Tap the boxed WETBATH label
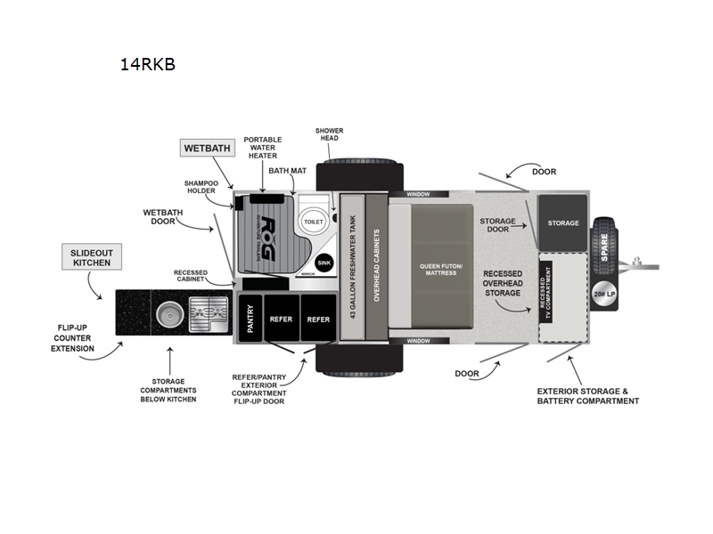pyautogui.click(x=206, y=148)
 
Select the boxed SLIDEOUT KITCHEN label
pyautogui.click(x=92, y=257)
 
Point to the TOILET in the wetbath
pyautogui.click(x=313, y=221)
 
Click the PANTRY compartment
pyautogui.click(x=250, y=320)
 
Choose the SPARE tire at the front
pyautogui.click(x=603, y=241)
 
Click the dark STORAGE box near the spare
pyautogui.click(x=562, y=223)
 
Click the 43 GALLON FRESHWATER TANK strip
pyautogui.click(x=352, y=267)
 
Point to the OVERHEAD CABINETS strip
pyautogui.click(x=376, y=267)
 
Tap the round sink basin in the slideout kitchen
pyautogui.click(x=168, y=316)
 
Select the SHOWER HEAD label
pyautogui.click(x=329, y=135)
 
